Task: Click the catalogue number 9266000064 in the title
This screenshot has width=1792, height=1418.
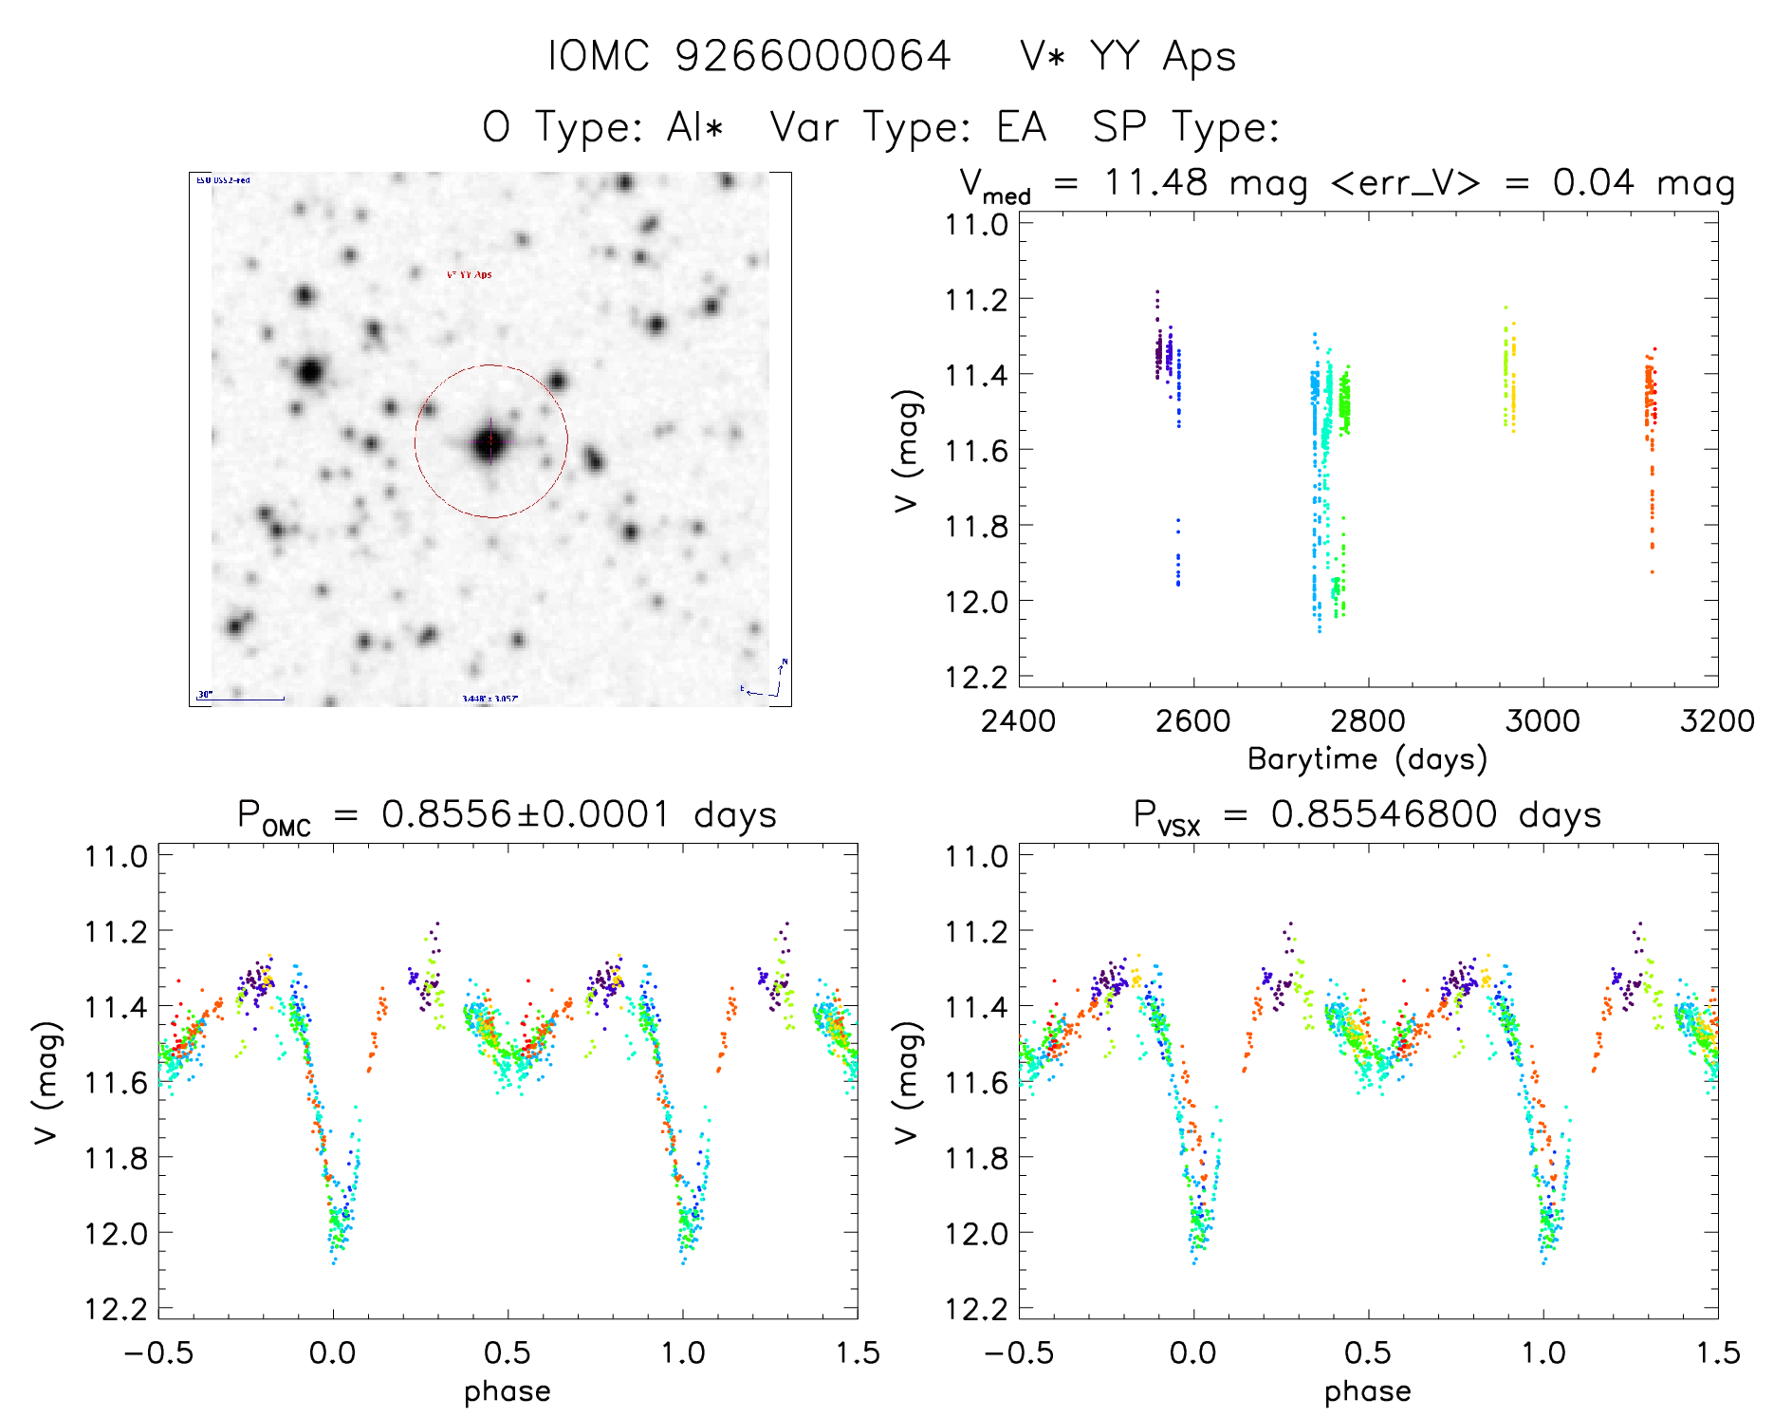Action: pos(812,56)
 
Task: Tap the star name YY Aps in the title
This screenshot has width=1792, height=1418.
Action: pos(1162,56)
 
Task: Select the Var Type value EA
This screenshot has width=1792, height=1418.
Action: pos(1021,127)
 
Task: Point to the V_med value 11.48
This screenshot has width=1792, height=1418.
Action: pos(1155,182)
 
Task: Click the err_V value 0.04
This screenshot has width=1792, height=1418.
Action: pos(1593,182)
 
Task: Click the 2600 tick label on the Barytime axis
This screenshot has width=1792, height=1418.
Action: pos(1192,720)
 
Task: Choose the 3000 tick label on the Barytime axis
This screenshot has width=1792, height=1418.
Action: pos(1543,720)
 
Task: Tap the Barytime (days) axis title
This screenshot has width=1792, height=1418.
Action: pos(1367,759)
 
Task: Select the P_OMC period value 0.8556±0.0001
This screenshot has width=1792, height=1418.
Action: pos(526,814)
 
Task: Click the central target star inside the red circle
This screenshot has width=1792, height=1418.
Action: pos(490,441)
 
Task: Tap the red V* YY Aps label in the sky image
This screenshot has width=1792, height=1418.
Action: pos(470,275)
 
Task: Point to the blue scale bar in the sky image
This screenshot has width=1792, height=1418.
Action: pos(242,700)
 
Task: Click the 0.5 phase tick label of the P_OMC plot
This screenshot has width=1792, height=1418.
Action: pos(507,1353)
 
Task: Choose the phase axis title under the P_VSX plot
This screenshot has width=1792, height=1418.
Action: pos(1367,1391)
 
